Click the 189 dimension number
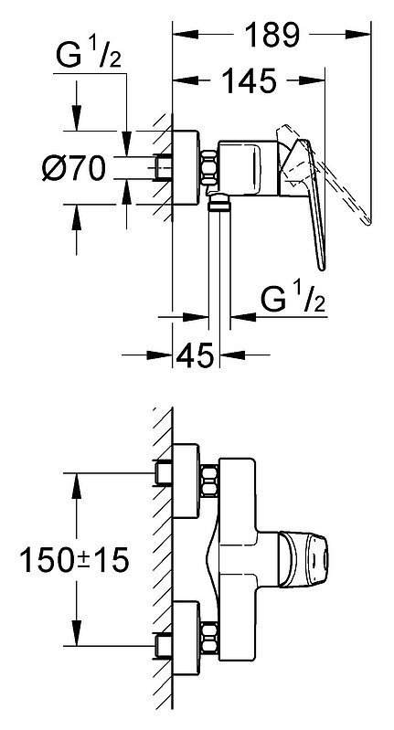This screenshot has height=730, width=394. (x=272, y=35)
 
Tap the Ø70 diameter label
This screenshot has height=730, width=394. (x=74, y=168)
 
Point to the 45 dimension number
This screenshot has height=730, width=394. (x=195, y=355)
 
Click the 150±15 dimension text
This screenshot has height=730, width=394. (x=74, y=560)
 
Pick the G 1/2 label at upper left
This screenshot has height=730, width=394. (x=89, y=55)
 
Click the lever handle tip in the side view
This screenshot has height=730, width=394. (x=321, y=266)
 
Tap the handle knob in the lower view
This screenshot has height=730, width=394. (x=303, y=560)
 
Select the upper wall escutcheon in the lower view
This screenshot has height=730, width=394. (x=186, y=480)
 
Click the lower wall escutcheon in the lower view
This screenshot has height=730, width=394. (x=186, y=637)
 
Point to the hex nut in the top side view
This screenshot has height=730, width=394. (x=209, y=168)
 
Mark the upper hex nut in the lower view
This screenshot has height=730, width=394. (x=209, y=480)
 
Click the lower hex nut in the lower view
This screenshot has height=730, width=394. (x=209, y=637)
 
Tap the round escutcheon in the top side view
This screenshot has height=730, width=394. (x=186, y=167)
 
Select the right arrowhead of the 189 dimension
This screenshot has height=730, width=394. (x=358, y=35)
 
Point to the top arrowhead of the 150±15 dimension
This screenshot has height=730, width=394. (x=77, y=485)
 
